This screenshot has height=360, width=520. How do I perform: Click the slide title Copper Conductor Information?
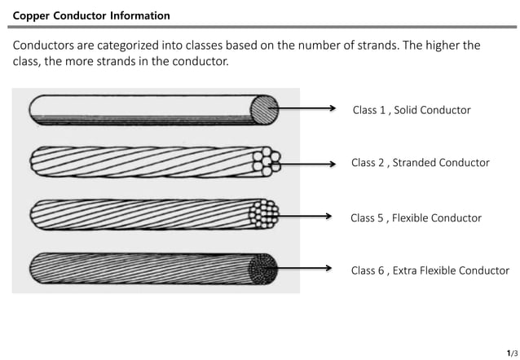[x=91, y=15]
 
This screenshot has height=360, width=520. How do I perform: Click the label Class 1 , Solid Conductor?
[x=411, y=110]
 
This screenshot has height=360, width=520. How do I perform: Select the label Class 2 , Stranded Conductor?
[x=420, y=163]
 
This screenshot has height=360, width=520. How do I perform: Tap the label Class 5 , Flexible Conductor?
[x=416, y=217]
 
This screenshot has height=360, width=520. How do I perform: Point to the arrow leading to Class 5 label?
[x=305, y=216]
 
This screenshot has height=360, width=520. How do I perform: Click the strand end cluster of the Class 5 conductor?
[x=263, y=215]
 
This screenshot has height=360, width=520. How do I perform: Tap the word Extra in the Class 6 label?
[x=407, y=270]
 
